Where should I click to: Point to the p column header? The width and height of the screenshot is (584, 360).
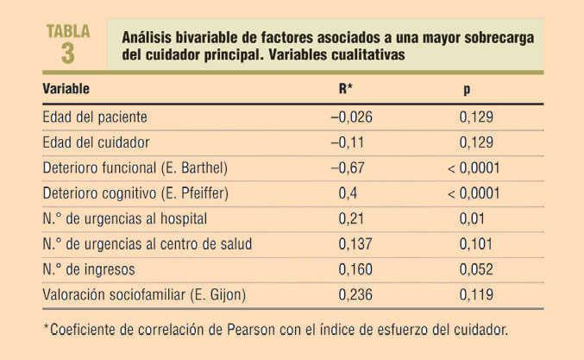(x=468, y=90)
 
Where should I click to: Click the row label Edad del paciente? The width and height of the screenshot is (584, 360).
(x=95, y=116)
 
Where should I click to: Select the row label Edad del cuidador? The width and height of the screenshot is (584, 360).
(x=96, y=142)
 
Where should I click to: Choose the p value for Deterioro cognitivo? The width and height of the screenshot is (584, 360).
(x=474, y=193)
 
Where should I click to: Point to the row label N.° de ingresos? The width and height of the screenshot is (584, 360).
(x=89, y=269)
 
